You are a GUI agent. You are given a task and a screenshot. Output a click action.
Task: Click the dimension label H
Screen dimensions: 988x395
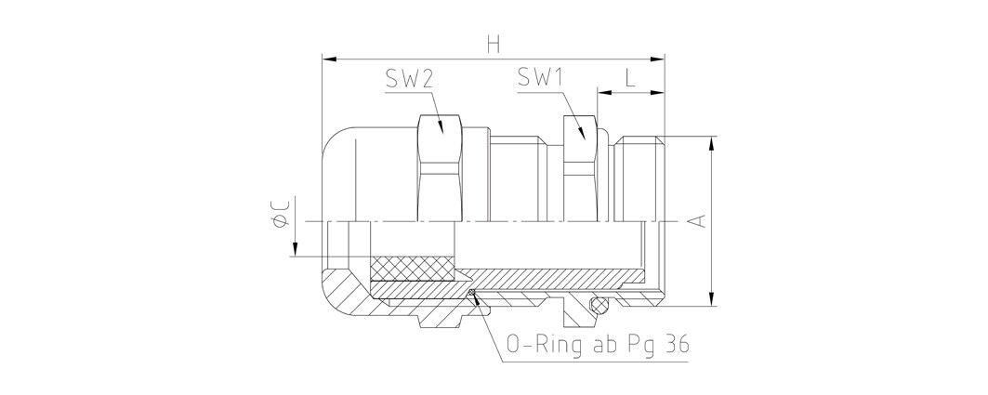click(494, 45)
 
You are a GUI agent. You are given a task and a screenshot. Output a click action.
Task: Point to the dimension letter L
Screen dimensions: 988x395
click(630, 77)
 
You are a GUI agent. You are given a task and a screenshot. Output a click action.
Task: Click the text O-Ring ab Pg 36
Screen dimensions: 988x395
click(598, 345)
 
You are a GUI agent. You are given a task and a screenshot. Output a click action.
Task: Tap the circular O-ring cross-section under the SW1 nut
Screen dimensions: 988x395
click(599, 306)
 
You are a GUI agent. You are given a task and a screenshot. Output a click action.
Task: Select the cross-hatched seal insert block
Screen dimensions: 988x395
click(412, 269)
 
